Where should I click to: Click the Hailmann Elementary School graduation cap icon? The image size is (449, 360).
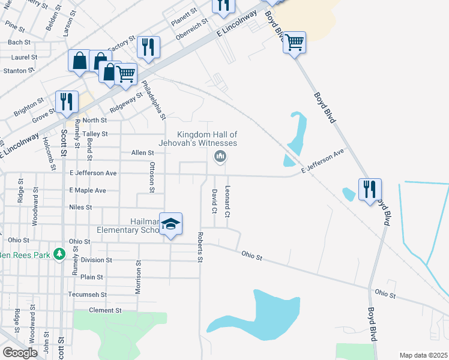[170, 223]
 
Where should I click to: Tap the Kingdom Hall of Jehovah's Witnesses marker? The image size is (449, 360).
[220, 157]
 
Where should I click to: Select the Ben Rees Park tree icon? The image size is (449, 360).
[59, 254]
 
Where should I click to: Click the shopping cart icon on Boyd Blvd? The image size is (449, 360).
[294, 43]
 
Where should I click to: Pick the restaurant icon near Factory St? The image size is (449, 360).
[148, 47]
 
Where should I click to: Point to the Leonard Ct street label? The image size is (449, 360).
[228, 202]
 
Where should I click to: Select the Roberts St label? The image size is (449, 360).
[200, 247]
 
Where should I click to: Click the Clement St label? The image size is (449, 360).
[105, 310]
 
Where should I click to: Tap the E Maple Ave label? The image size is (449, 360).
[88, 190]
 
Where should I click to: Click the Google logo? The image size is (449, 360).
[20, 352]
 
